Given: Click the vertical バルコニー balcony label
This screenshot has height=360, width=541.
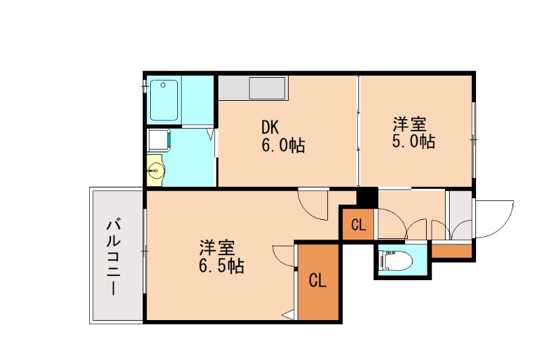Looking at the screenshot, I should (x=114, y=256).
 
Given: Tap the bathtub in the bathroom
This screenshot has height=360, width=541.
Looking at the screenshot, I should (x=164, y=99).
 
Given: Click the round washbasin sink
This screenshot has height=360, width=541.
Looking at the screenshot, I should (x=156, y=169).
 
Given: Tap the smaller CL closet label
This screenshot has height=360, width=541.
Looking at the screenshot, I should (x=358, y=225).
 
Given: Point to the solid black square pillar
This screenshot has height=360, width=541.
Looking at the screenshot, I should (x=367, y=197).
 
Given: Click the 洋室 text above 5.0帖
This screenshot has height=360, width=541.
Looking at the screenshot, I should (x=410, y=125).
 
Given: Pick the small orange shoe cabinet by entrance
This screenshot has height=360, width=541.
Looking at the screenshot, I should (x=451, y=251).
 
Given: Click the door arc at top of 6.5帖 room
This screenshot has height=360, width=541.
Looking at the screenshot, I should (x=313, y=206).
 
